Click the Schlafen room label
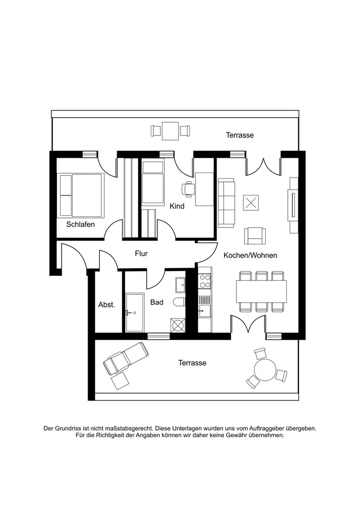click(x=80, y=224)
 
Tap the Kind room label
click(x=177, y=206)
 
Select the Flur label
click(x=141, y=253)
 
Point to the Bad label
click(x=156, y=302)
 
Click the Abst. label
click(x=106, y=305)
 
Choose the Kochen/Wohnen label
click(x=250, y=255)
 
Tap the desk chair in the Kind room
click(x=188, y=189)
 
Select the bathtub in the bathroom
click(x=135, y=312)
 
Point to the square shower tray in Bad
click(x=178, y=324)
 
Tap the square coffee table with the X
click(x=251, y=203)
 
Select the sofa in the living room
click(x=226, y=203)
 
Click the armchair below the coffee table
click(x=255, y=235)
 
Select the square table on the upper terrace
click(x=170, y=131)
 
